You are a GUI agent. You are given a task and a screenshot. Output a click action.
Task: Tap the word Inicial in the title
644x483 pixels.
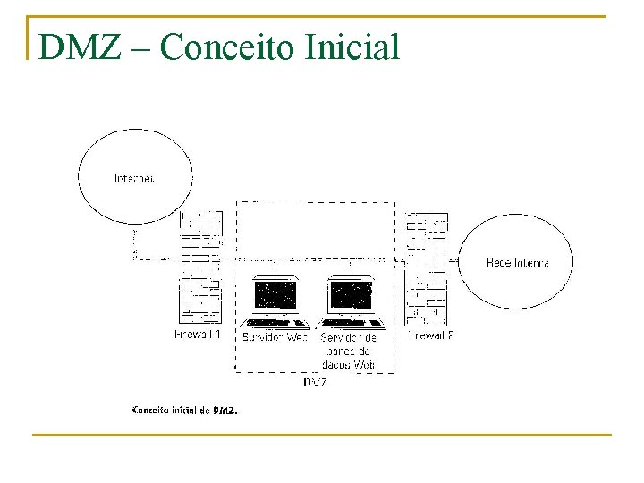352,47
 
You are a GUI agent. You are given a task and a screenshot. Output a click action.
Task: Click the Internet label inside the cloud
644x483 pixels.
134,178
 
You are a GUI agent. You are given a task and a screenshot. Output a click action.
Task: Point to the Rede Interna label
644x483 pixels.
517,262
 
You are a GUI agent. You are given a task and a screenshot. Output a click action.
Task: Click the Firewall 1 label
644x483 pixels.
198,335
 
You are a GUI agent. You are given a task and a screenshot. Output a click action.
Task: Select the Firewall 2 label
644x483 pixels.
430,335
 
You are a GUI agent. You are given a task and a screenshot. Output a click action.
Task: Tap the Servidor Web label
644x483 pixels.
275,337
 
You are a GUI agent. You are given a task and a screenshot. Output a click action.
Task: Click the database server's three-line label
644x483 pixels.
349,351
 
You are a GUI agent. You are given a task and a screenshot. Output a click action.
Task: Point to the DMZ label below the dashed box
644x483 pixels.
315,382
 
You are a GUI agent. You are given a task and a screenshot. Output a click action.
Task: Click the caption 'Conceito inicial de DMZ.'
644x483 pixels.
185,411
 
